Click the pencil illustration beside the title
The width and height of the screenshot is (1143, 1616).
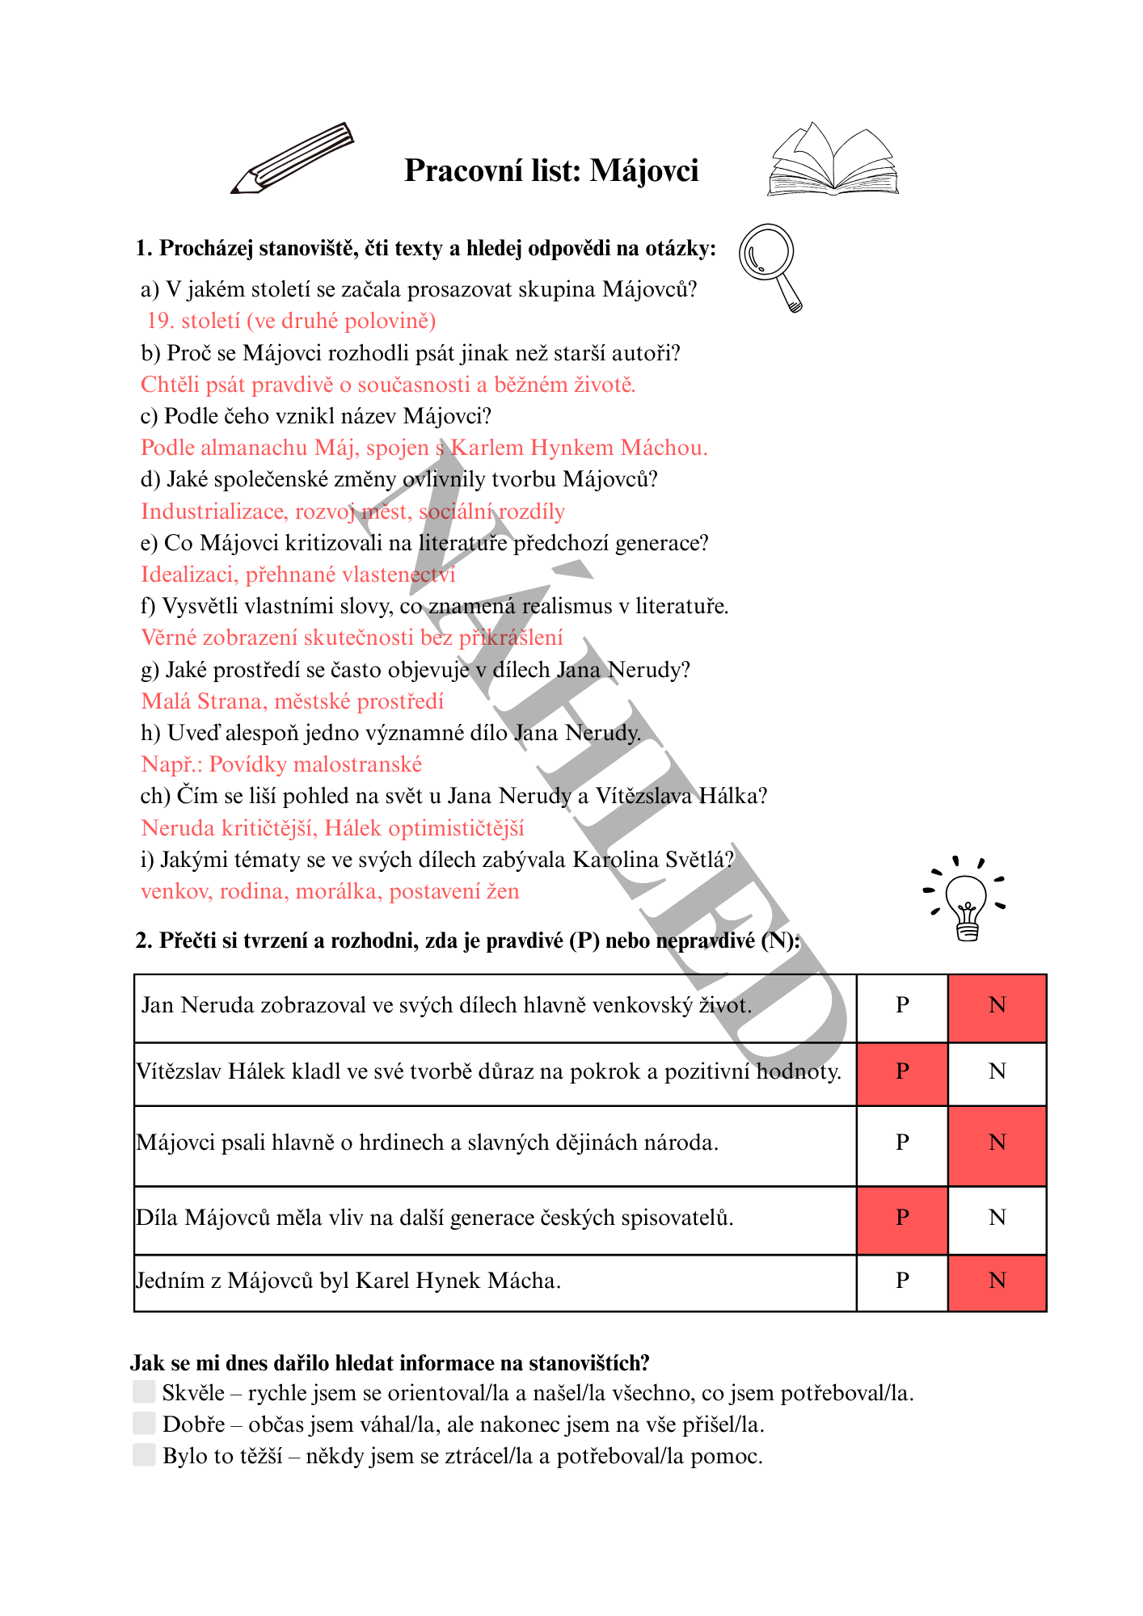(293, 158)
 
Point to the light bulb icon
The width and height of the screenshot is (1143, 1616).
(967, 899)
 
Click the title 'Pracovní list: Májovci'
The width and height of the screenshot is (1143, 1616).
(551, 171)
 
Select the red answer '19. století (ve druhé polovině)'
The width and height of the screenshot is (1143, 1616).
(291, 321)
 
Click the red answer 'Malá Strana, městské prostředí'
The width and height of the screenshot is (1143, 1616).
(293, 701)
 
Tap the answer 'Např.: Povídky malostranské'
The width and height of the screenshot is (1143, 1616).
(281, 764)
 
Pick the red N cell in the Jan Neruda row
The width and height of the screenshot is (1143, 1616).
(997, 1007)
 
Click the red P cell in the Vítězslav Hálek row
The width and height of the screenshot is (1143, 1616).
(902, 1073)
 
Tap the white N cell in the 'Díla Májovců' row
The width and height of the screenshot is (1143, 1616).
(997, 1218)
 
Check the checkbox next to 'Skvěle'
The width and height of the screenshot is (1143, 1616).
(144, 1391)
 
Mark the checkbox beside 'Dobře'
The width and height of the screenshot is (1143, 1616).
(144, 1423)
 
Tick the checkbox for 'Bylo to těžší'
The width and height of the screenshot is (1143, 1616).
(144, 1454)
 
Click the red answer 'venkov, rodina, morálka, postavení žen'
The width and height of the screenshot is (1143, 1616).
(330, 891)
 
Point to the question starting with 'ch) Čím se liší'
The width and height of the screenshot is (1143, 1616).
(453, 796)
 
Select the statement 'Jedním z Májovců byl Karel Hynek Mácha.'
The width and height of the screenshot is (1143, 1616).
(348, 1281)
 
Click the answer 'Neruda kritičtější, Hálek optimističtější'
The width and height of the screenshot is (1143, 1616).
(332, 828)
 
